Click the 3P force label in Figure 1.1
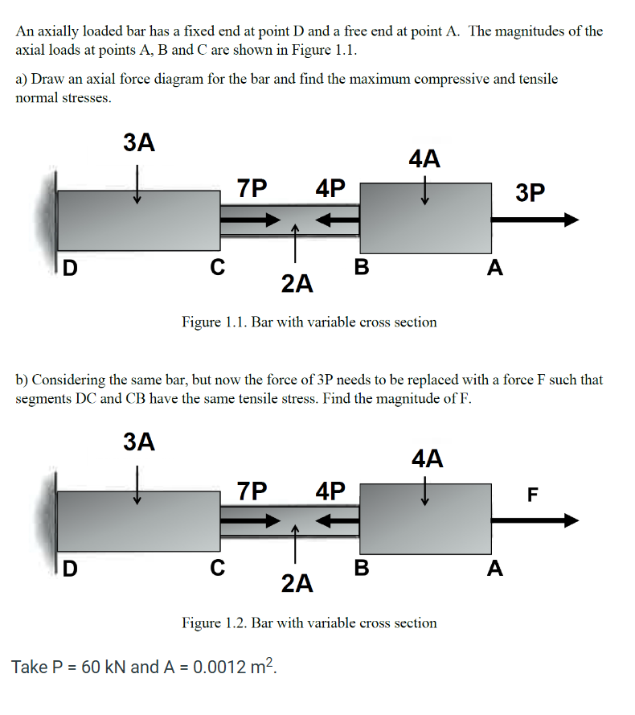pos(531,193)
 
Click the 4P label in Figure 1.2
pos(331,490)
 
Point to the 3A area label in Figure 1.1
pos(139,143)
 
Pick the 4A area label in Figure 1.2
pos(426,459)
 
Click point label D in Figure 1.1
pos(71,269)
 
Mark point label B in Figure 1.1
pos(362,268)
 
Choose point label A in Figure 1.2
pos(495,569)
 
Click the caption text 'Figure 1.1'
pos(212,323)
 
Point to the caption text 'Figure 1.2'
pos(212,623)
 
